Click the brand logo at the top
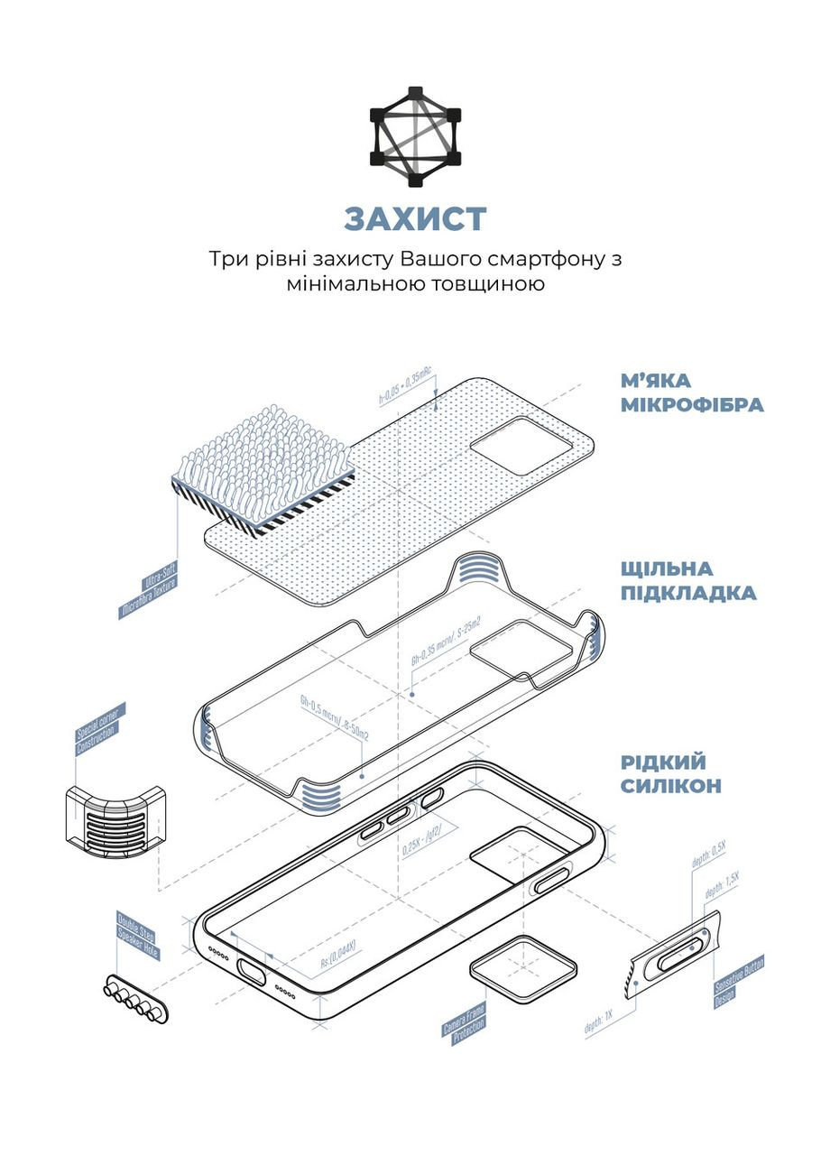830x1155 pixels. [x=415, y=137]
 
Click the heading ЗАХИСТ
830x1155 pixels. [x=415, y=218]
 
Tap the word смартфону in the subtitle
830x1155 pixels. [x=535, y=259]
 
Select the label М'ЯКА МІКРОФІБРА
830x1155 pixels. [x=691, y=392]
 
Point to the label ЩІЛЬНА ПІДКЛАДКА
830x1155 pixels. [x=687, y=581]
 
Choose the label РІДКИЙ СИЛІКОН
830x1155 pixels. [x=670, y=773]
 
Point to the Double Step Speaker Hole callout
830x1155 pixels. [x=138, y=938]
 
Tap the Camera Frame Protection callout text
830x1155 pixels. [x=464, y=1024]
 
